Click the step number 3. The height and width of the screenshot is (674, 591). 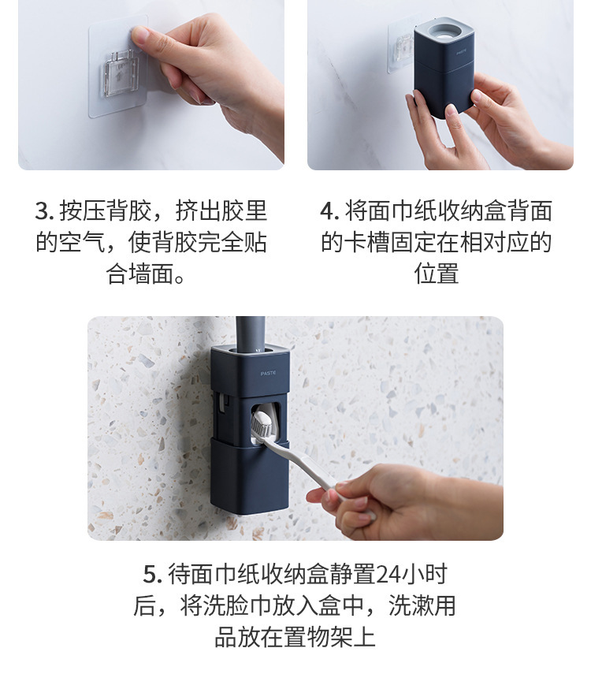44,211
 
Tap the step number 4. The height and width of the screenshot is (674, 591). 330,211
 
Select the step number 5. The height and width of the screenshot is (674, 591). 152,574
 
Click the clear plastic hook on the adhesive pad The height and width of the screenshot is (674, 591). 121,74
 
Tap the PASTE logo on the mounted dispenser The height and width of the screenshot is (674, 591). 268,373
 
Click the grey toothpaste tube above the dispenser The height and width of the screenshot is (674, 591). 250,334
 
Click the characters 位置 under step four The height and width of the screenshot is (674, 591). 437,274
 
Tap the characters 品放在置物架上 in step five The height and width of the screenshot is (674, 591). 295,637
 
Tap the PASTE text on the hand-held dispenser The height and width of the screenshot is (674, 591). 462,53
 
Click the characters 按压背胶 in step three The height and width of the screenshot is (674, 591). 106,211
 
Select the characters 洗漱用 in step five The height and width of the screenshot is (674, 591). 422,605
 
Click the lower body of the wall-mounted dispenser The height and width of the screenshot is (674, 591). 249,476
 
